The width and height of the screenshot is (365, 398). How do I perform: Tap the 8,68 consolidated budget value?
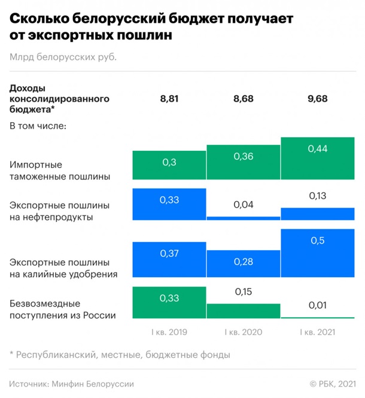243,99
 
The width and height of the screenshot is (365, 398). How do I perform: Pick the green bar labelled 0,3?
169,165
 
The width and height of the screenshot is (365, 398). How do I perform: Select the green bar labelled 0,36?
243,162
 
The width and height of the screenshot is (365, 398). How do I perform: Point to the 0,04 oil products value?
243,205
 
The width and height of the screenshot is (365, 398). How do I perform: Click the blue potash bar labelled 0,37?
169,258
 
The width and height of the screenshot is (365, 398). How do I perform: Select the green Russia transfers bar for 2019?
169,302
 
